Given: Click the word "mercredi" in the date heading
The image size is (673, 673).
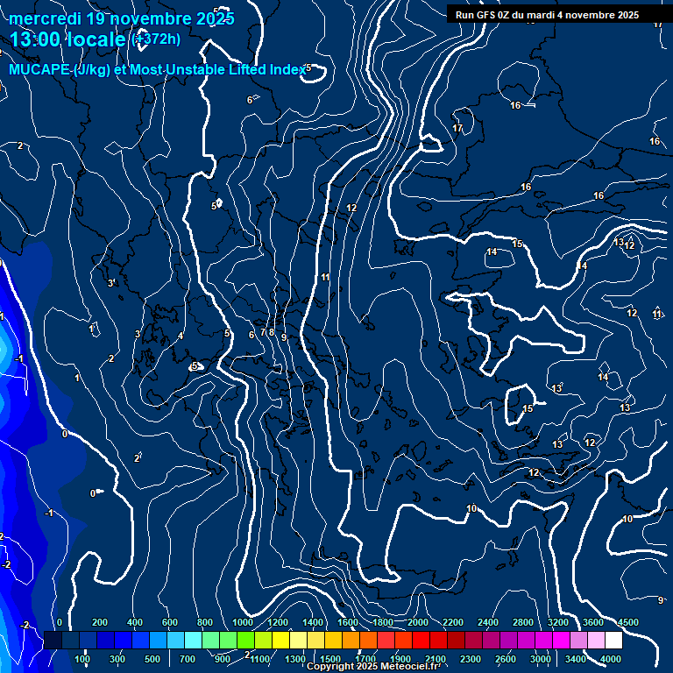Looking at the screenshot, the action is tap(41, 18).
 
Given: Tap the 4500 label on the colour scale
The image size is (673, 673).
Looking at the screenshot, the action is tap(627, 622).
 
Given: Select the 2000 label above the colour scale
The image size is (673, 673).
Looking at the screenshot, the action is tap(418, 622).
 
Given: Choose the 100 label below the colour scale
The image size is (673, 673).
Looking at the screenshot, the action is tap(82, 659).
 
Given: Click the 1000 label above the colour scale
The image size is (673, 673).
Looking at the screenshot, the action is tap(244, 622).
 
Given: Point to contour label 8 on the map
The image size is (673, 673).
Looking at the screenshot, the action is tap(272, 332).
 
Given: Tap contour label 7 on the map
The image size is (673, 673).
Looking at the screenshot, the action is tap(261, 333).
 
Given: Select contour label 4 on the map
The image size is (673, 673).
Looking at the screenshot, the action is tap(181, 336).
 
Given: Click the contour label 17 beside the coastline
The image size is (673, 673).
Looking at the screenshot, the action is tap(457, 129).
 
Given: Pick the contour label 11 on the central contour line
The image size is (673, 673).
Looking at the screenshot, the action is tap(325, 277).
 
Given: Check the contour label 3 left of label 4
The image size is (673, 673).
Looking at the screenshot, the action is tap(137, 334).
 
